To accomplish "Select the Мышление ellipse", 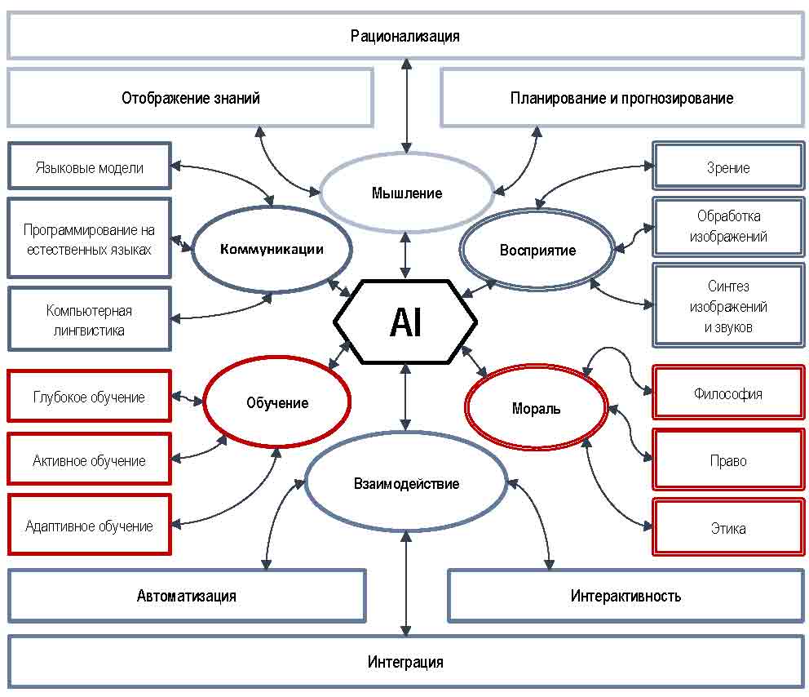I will pyautogui.click(x=407, y=193).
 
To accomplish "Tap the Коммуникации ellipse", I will pyautogui.click(x=272, y=250).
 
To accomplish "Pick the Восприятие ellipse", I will pyautogui.click(x=537, y=250).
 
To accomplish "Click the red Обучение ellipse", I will pyautogui.click(x=276, y=402).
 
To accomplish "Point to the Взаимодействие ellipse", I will pyautogui.click(x=406, y=484).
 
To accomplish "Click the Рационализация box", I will pyautogui.click(x=405, y=36).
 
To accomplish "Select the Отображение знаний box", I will pyautogui.click(x=191, y=98).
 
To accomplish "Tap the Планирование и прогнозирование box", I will pyautogui.click(x=621, y=98).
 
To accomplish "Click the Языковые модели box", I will pyautogui.click(x=90, y=168).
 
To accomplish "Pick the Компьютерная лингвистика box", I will pyautogui.click(x=90, y=320).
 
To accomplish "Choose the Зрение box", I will pyautogui.click(x=728, y=167).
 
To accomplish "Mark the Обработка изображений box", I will pyautogui.click(x=728, y=227).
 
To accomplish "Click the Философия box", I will pyautogui.click(x=728, y=393).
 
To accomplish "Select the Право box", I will pyautogui.click(x=728, y=460).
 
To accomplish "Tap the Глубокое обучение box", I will pyautogui.click(x=90, y=397).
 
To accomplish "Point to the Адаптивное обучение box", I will pyautogui.click(x=90, y=526).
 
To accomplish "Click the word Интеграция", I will pyautogui.click(x=405, y=662).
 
